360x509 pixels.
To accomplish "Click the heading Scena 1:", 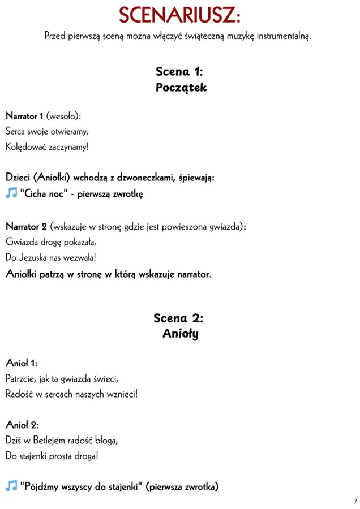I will [x=179, y=71].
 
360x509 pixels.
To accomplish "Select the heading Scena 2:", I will [x=179, y=318].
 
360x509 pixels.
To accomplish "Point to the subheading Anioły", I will [x=181, y=334].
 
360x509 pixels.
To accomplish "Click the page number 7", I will [x=355, y=501].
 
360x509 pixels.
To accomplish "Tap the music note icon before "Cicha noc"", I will [x=11, y=193].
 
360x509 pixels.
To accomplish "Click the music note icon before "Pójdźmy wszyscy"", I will [x=11, y=486].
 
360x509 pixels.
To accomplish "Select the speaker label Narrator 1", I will [x=24, y=116].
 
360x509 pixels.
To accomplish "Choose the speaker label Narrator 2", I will [x=26, y=227].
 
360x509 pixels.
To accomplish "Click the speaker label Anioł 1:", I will [x=22, y=363].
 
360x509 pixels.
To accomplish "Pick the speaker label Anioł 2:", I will [x=22, y=424].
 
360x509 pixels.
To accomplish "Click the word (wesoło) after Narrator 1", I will [x=63, y=116].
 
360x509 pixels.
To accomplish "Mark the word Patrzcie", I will [x=20, y=378].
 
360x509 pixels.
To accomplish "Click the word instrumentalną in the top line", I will [x=284, y=36].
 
